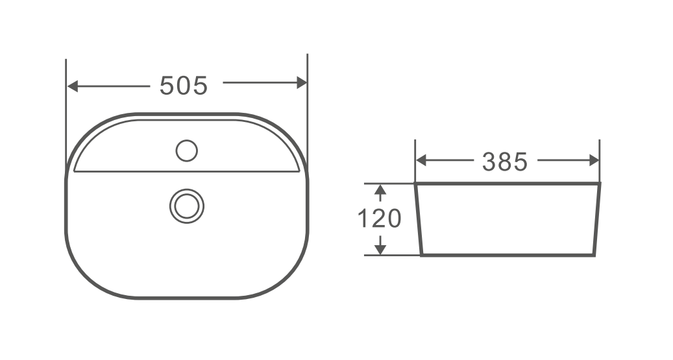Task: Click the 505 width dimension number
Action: (184, 85)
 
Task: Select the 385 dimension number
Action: (505, 162)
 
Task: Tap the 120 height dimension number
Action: (380, 219)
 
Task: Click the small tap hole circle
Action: (187, 150)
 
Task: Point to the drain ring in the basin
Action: (187, 206)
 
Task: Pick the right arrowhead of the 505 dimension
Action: (301, 83)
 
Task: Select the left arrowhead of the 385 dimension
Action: (421, 160)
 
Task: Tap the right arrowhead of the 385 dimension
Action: (594, 160)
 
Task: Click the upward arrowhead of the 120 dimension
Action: (381, 189)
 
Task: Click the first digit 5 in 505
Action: (167, 85)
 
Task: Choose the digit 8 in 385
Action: (505, 162)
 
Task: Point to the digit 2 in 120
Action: (379, 219)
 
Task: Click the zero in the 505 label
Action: (184, 85)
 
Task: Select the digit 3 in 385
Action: (490, 162)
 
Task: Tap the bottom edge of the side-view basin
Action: (508, 255)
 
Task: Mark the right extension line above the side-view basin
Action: (599, 156)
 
